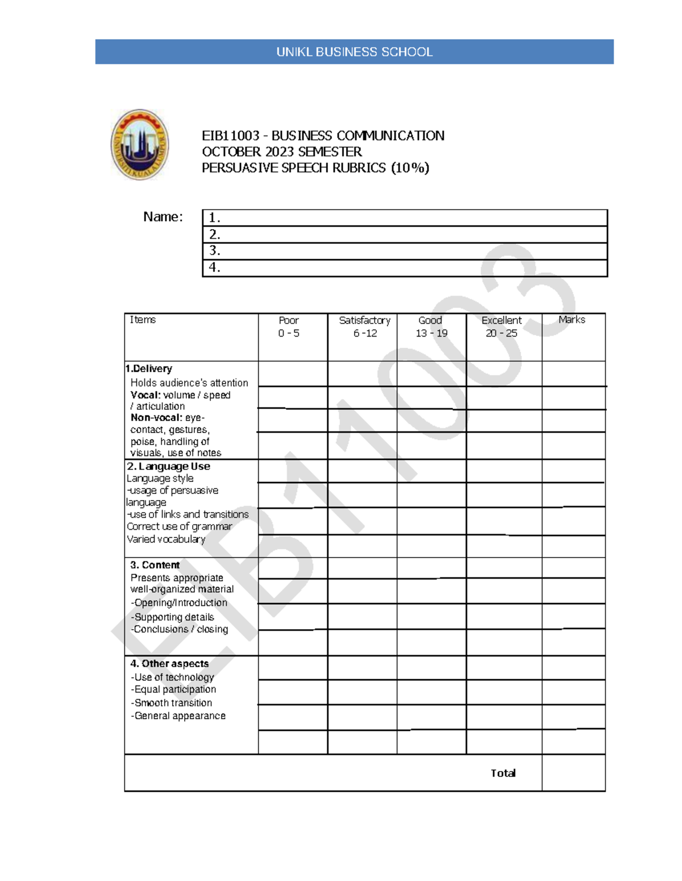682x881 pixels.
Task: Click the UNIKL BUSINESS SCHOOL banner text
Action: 354,52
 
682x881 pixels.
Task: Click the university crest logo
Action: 140,144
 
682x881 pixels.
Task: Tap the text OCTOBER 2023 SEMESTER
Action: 282,152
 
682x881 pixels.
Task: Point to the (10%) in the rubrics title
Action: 410,168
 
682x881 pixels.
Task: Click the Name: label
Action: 163,217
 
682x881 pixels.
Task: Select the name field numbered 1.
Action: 405,218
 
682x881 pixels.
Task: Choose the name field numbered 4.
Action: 405,268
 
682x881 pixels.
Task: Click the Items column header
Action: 143,320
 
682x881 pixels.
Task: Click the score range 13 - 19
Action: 431,334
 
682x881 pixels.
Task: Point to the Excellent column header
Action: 501,321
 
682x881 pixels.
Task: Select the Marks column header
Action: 572,320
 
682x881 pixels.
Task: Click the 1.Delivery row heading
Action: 149,369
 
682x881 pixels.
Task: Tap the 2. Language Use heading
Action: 169,467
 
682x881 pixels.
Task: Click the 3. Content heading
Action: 155,565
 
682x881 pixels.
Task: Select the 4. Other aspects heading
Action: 169,664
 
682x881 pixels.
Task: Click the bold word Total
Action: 503,773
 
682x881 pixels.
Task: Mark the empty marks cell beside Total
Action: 573,773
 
